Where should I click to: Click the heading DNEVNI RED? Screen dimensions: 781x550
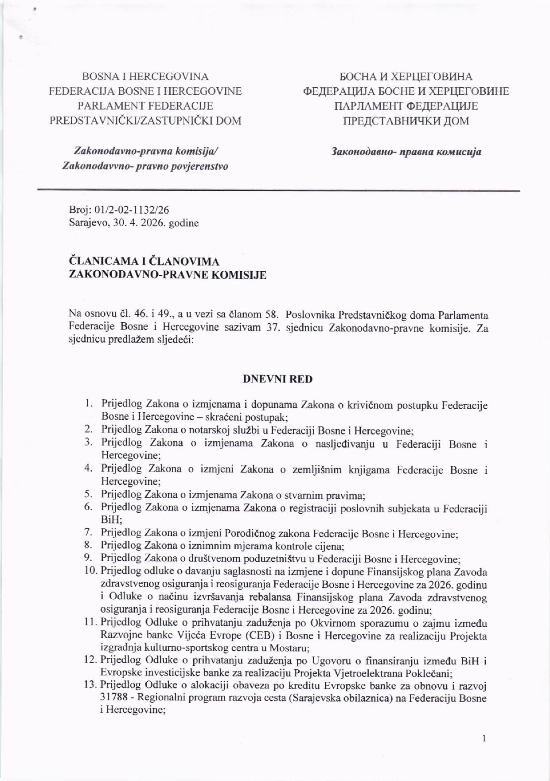[277, 379]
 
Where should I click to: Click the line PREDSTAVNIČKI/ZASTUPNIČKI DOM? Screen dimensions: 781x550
[145, 121]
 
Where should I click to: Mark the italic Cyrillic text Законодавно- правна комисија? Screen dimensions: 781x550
[406, 152]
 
